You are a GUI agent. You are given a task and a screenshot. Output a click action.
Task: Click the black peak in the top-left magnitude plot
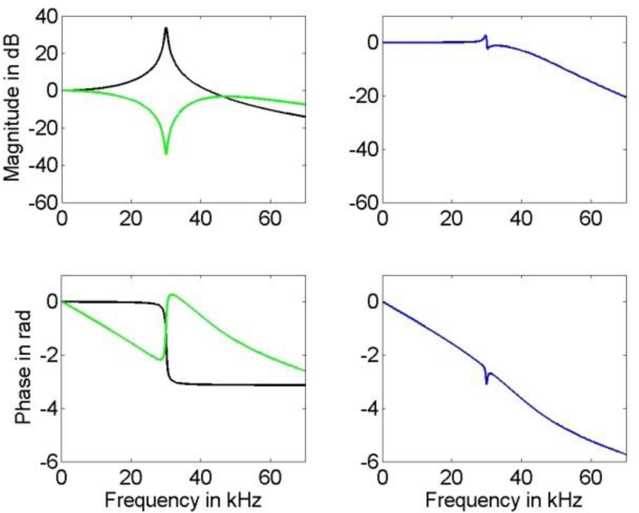point(166,28)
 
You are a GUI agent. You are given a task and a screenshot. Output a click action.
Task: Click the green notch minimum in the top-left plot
point(166,154)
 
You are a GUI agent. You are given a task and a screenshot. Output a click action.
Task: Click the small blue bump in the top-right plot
point(485,36)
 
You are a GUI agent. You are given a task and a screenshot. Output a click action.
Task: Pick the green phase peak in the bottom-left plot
point(172,295)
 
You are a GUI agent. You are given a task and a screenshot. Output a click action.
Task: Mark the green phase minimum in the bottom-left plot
point(161,359)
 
